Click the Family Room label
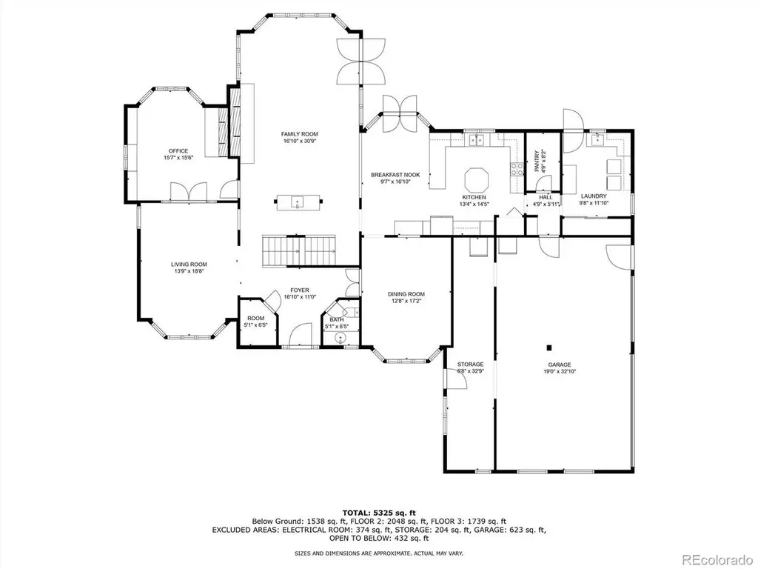tap(300, 134)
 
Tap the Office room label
tap(178, 151)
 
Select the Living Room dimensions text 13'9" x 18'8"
tap(189, 271)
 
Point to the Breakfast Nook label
tap(395, 175)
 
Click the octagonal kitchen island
tap(477, 180)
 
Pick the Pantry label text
tap(537, 161)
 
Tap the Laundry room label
tap(594, 196)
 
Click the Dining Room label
tap(406, 294)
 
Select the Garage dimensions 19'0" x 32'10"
tap(560, 372)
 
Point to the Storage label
tap(470, 365)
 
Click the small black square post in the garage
tap(549, 347)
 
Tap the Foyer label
tap(300, 290)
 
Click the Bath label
tap(337, 319)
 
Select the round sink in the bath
tap(343, 338)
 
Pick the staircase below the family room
tap(299, 251)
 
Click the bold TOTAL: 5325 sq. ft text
tap(379, 513)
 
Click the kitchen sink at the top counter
tap(478, 140)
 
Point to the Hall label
tap(546, 197)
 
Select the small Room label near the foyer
tap(255, 318)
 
